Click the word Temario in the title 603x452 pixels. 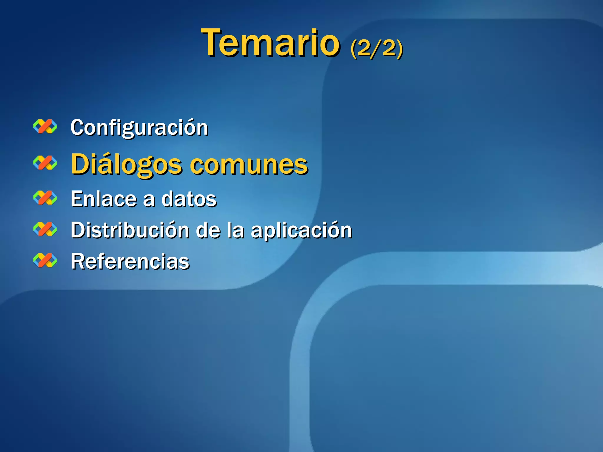[270, 43]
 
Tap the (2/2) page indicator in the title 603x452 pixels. [377, 48]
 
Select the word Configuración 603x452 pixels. [139, 128]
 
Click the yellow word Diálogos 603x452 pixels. [126, 164]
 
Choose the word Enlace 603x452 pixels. [103, 199]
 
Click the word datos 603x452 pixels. [189, 199]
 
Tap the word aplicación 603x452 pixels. [301, 230]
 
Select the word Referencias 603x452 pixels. [130, 261]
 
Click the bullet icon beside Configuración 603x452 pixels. [45, 127]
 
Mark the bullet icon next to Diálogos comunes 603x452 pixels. [45, 163]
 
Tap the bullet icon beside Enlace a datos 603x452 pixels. [45, 198]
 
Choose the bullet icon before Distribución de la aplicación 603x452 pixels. [45, 229]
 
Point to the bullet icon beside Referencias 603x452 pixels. [45, 260]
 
